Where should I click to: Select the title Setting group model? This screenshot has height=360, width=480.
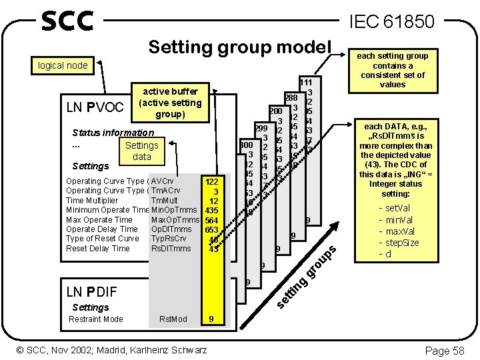(x=239, y=47)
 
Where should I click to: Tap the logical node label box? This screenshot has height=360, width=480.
(x=63, y=65)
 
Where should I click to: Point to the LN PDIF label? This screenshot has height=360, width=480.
(x=92, y=291)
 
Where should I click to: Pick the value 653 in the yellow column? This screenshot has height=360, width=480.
(x=213, y=229)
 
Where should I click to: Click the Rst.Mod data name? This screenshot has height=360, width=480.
(x=173, y=319)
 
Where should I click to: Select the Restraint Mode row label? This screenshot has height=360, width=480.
(x=97, y=319)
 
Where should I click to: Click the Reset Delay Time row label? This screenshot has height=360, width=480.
(x=98, y=249)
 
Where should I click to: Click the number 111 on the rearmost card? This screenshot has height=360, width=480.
(x=307, y=82)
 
